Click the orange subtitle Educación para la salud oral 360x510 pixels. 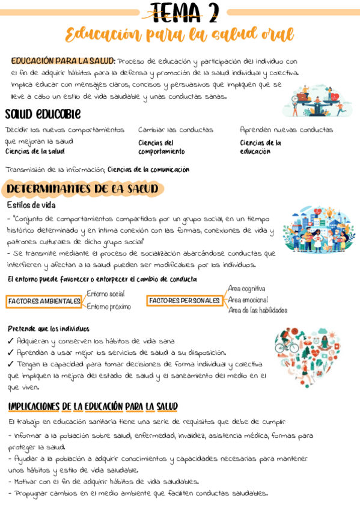(180, 34)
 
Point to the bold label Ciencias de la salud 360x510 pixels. (35, 152)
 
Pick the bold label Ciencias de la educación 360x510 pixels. (260, 147)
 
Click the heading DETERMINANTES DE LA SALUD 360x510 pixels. (83, 189)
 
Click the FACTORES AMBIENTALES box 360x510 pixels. (44, 301)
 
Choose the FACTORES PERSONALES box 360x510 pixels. (185, 300)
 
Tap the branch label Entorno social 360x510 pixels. (106, 293)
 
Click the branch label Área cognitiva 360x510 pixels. (246, 289)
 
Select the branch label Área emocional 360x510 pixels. (248, 300)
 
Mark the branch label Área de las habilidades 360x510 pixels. (257, 310)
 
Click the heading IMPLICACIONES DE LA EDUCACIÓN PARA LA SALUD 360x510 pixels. (93, 407)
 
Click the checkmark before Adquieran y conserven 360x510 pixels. (11, 341)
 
